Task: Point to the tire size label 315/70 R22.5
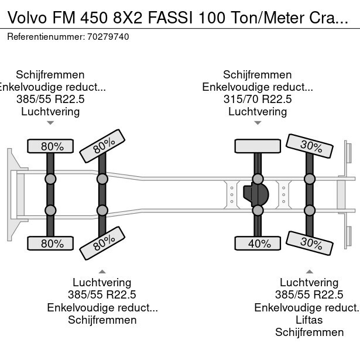(258, 100)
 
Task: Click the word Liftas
(309, 320)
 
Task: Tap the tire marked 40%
(258, 244)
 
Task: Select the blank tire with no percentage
(258, 146)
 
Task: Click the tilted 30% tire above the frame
(309, 146)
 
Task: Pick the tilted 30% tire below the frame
(309, 242)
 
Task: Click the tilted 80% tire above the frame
(102, 146)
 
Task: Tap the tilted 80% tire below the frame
(102, 243)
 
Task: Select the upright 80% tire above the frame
(51, 146)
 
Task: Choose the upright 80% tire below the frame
(51, 244)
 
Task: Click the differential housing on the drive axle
(255, 194)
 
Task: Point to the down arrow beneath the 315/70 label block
(258, 123)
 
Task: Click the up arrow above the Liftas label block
(309, 271)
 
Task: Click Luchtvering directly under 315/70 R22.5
(258, 112)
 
